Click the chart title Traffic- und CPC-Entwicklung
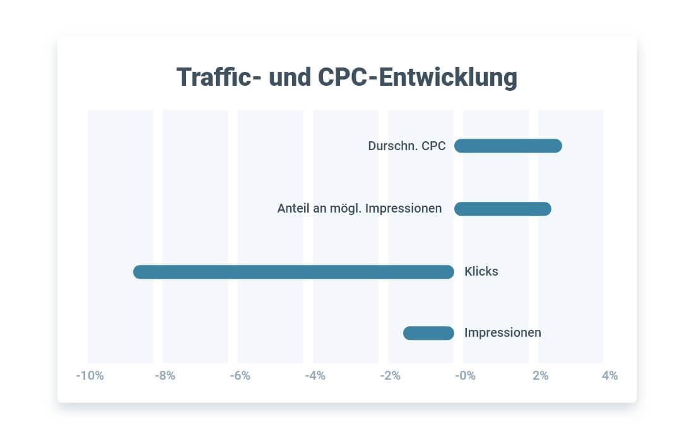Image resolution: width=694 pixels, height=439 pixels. click(346, 78)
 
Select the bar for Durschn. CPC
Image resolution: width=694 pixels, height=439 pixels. click(508, 146)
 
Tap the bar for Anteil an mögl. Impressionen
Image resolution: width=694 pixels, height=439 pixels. click(503, 209)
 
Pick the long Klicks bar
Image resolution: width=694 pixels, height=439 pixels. click(293, 272)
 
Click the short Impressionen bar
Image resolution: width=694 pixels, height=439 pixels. click(429, 333)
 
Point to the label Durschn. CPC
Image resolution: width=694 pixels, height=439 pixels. click(407, 146)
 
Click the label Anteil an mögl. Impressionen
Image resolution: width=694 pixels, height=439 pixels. click(360, 208)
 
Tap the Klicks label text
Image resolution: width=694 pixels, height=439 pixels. click(481, 272)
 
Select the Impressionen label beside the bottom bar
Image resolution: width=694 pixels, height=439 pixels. click(503, 332)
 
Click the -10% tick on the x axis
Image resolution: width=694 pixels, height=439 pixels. click(90, 376)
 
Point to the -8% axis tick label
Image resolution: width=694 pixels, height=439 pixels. click(165, 376)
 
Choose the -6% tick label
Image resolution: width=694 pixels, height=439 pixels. click(240, 376)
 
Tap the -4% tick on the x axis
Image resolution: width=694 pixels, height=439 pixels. click(315, 376)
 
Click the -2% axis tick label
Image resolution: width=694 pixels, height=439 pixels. click(390, 376)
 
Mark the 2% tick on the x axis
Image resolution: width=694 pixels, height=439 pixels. click(541, 376)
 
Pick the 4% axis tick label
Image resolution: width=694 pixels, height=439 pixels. click(609, 376)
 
